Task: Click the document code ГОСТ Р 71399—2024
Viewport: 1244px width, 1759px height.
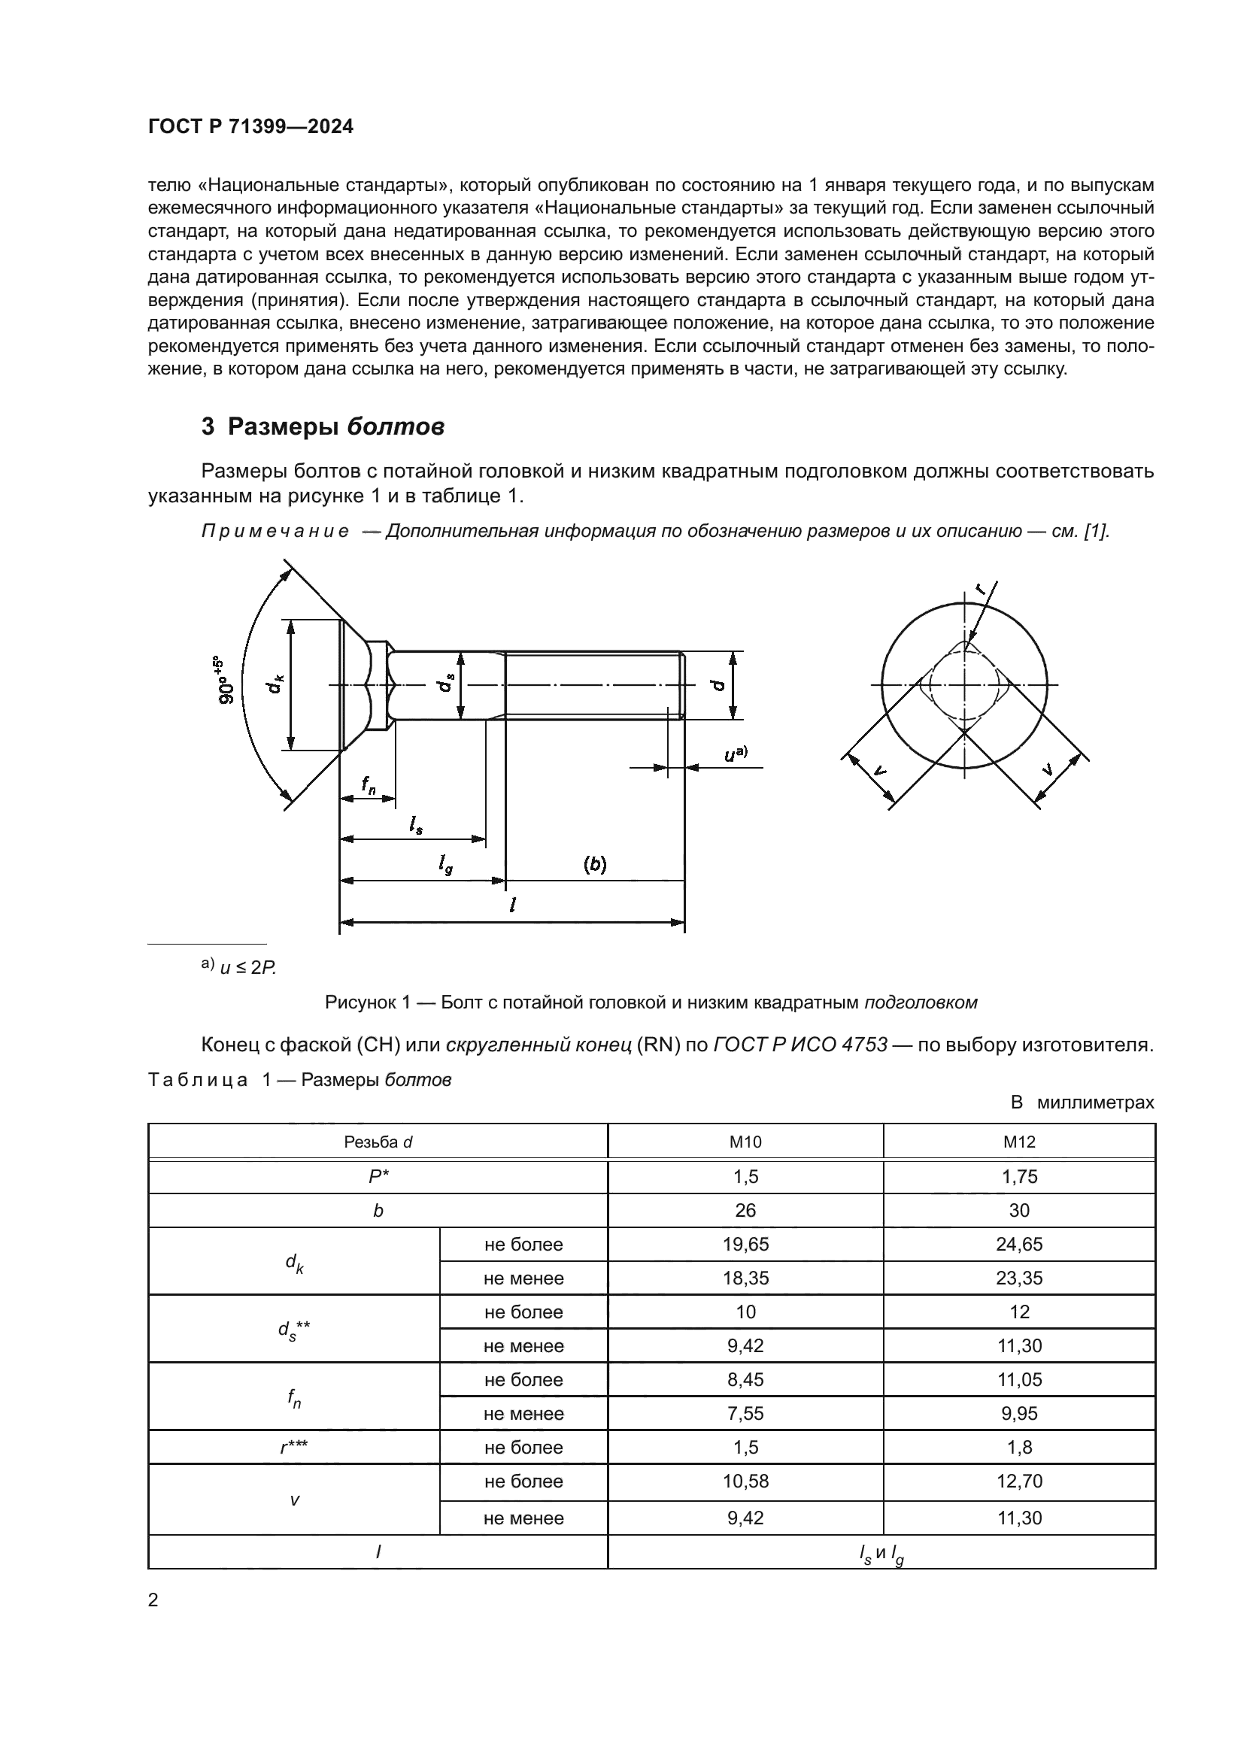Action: pyautogui.click(x=250, y=127)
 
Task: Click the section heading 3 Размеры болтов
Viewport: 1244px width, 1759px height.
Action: pyautogui.click(x=323, y=426)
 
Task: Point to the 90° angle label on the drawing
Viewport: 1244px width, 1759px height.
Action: pyautogui.click(x=227, y=681)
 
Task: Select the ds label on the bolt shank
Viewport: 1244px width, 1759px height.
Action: pyautogui.click(x=446, y=684)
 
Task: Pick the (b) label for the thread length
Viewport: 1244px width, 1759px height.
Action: pyautogui.click(x=594, y=865)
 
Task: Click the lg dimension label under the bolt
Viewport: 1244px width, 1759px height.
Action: pyautogui.click(x=445, y=865)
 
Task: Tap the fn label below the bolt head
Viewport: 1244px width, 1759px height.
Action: pyautogui.click(x=369, y=784)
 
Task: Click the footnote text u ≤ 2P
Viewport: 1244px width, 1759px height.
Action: pyautogui.click(x=247, y=968)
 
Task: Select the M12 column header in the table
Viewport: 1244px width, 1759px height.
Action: pyautogui.click(x=1019, y=1142)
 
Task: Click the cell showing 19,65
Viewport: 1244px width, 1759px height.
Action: pyautogui.click(x=745, y=1244)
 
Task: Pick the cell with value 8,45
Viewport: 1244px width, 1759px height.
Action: pyautogui.click(x=745, y=1379)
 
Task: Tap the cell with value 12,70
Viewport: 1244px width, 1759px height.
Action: pyautogui.click(x=1019, y=1481)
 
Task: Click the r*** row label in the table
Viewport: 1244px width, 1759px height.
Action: pyautogui.click(x=294, y=1447)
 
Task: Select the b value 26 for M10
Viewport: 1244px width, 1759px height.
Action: pyautogui.click(x=745, y=1211)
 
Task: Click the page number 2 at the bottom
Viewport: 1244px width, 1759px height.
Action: pyautogui.click(x=153, y=1600)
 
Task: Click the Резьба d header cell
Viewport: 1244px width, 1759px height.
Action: pyautogui.click(x=378, y=1142)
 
